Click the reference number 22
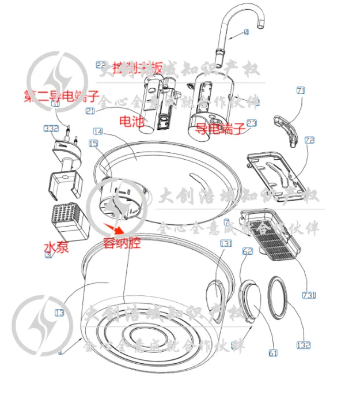pos(101,65)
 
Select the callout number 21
pos(90,111)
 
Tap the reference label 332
pos(52,128)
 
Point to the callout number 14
pos(97,132)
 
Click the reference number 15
pos(93,142)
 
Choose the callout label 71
pos(301,91)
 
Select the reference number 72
pos(309,140)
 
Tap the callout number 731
pos(309,296)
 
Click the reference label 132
pos(303,345)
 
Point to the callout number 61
pos(272,353)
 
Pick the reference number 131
pos(225,244)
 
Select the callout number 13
pos(59,313)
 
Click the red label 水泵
pos(56,248)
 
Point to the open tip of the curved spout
pos(263,24)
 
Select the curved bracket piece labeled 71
pos(286,129)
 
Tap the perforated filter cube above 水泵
pos(68,221)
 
